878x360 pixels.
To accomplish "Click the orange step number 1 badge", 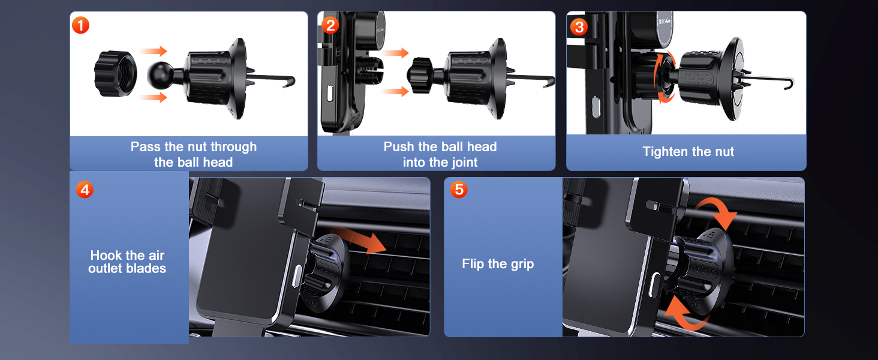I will click(80, 26).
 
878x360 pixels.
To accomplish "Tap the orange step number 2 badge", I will click(330, 26).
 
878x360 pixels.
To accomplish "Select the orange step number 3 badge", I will click(579, 26).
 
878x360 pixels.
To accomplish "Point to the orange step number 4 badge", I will click(85, 190).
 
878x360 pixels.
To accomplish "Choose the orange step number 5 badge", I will click(459, 190).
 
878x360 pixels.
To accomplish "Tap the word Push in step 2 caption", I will click(398, 147).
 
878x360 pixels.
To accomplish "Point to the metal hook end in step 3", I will click(792, 83).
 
